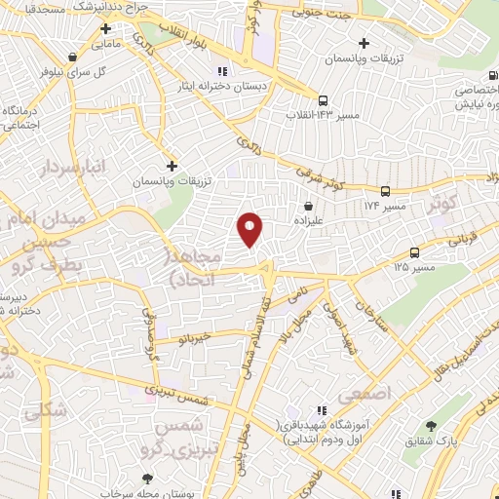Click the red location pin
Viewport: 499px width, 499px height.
click(251, 229)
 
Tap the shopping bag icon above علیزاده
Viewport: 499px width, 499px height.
click(308, 207)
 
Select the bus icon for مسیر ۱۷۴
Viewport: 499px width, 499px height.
click(386, 192)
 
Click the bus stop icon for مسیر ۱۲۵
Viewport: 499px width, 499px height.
click(416, 251)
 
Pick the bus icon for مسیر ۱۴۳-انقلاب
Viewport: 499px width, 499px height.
click(323, 99)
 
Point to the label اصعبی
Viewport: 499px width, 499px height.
click(363, 395)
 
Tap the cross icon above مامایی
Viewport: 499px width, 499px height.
click(104, 29)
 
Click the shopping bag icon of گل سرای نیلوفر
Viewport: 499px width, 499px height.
click(71, 57)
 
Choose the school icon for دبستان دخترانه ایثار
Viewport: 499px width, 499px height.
click(221, 71)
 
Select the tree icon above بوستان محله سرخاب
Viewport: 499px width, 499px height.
click(147, 478)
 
